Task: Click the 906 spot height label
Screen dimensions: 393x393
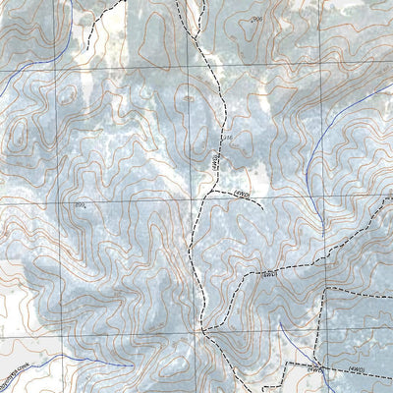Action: (x=258, y=20)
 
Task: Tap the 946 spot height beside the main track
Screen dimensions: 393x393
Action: (x=225, y=138)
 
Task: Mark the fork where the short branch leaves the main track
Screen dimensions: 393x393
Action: (x=207, y=196)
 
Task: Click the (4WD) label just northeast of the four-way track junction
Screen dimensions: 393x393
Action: (x=267, y=276)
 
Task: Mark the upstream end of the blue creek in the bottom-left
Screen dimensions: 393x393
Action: (x=128, y=365)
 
